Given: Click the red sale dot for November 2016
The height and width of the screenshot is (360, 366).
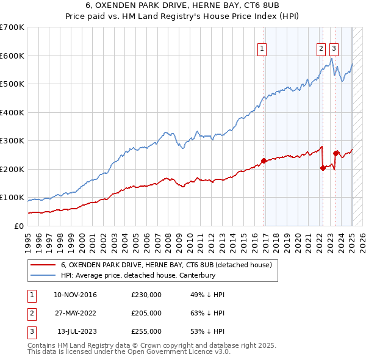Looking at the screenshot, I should (264, 160).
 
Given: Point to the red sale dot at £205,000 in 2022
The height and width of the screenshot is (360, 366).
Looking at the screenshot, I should (323, 168).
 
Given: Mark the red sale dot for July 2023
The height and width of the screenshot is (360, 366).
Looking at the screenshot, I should (335, 153).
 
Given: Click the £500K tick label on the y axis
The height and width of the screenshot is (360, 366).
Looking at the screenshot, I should (12, 84).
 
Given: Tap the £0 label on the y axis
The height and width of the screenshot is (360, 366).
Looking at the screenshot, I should (20, 226).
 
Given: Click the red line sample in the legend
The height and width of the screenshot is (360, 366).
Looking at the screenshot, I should (43, 265).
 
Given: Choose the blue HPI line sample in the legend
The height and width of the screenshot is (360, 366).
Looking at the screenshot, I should (43, 275).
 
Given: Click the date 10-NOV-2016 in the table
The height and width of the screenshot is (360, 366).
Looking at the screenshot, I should (75, 295).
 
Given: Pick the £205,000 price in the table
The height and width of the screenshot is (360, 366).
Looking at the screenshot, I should (146, 313).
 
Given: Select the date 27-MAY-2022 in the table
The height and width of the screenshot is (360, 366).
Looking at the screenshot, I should (75, 313).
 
